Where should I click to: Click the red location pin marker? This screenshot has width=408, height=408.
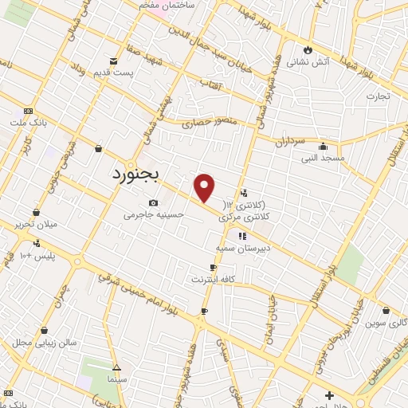205,187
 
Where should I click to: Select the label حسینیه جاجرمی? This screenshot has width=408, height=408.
157,214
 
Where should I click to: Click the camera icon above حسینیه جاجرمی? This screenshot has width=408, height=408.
153,202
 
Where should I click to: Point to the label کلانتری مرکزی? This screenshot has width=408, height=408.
266,216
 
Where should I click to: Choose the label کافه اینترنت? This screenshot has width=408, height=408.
210,280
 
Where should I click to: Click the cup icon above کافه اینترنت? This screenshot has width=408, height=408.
213,268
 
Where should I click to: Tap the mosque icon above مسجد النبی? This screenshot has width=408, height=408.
322,147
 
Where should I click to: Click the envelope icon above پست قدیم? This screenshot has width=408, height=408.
115,61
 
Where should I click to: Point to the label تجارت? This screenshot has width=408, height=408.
378,96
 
